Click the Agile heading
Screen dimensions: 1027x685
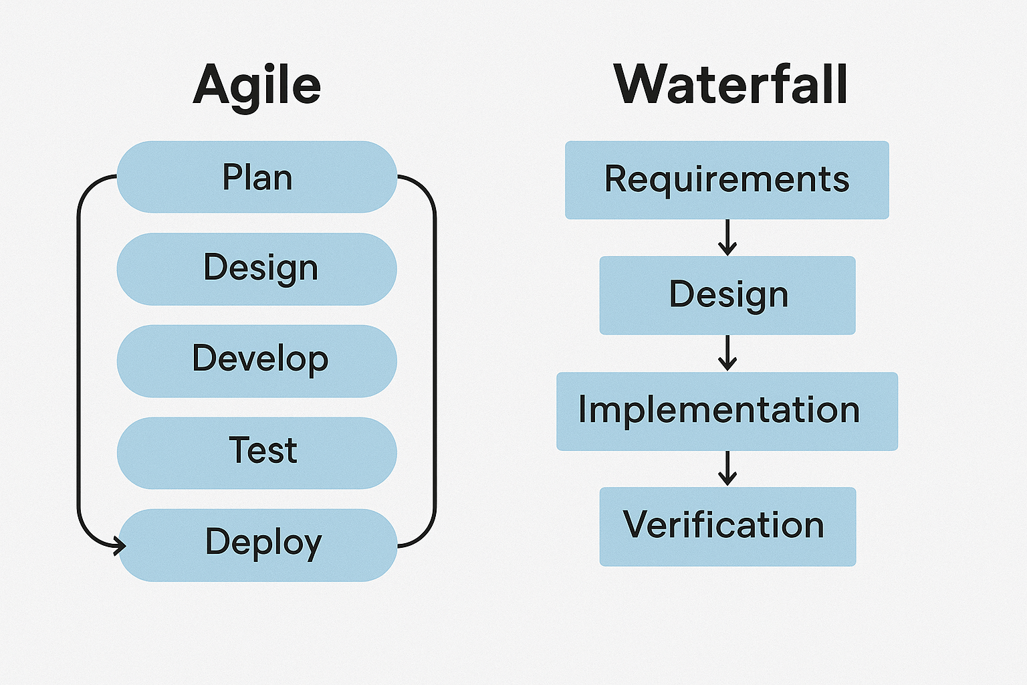[257, 88]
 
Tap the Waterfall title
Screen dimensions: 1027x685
[730, 84]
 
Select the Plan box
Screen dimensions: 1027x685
[257, 177]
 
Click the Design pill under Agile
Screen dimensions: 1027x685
[257, 269]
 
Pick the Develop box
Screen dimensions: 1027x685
[257, 361]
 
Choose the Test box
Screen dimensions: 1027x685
[257, 453]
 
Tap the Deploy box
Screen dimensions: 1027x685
[257, 545]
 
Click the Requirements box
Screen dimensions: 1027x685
[727, 180]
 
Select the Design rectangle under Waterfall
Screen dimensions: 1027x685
[727, 295]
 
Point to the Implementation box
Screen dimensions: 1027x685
[727, 411]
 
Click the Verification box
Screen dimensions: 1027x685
[727, 526]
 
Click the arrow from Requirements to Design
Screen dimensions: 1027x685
[727, 237]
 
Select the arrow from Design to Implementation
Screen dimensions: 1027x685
[727, 353]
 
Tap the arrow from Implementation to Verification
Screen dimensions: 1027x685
[727, 468]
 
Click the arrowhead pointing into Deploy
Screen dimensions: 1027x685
[120, 546]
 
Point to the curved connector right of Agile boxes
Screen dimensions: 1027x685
[435, 361]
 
